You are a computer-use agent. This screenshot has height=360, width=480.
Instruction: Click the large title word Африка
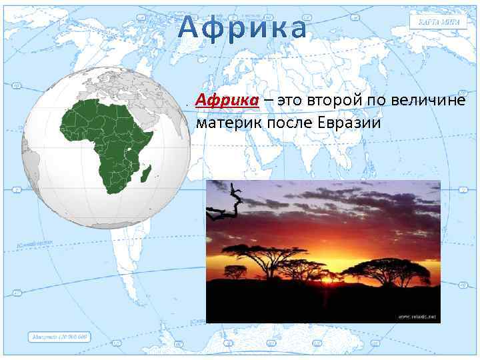click(x=244, y=28)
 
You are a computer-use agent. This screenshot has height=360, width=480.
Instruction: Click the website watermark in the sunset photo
click(x=417, y=316)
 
